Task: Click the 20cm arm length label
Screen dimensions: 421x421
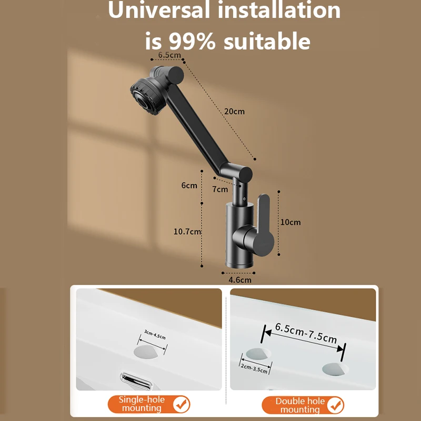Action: [234, 112]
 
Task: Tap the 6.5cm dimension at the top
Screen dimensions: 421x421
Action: [169, 55]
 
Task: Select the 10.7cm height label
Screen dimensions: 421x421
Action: [187, 232]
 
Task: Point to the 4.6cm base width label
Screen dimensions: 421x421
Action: [240, 280]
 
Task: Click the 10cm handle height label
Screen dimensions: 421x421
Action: [290, 222]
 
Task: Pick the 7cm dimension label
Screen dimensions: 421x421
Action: [220, 189]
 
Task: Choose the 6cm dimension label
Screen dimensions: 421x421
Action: [189, 185]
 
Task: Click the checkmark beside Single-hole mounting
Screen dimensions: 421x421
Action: [181, 404]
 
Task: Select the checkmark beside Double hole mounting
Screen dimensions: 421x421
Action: [335, 405]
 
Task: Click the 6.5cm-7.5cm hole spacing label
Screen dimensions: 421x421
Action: [306, 333]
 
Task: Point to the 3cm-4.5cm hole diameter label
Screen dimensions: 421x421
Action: [155, 335]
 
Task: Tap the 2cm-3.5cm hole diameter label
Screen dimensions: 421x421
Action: [254, 367]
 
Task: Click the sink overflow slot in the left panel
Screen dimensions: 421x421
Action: [136, 380]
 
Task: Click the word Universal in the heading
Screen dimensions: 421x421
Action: [159, 10]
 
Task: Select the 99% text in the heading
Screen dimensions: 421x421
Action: [192, 42]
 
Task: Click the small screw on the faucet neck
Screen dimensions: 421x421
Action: [244, 198]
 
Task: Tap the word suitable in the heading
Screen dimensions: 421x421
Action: [267, 41]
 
